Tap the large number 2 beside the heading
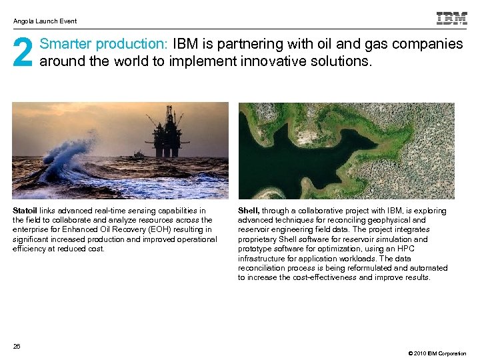point(23,53)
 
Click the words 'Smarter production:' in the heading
point(104,44)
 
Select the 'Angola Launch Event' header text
point(45,21)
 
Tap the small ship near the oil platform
point(137,155)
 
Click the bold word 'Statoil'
point(25,211)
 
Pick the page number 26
point(17,345)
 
